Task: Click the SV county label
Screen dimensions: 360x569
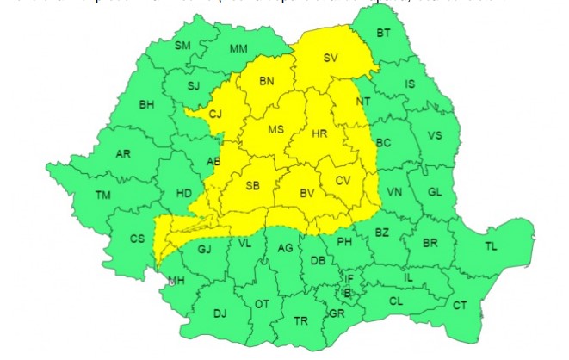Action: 331,59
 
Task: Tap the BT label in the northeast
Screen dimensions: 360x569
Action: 384,34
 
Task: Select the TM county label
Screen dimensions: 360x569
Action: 104,196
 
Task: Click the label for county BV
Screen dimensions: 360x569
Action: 306,195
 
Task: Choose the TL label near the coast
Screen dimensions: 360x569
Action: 491,246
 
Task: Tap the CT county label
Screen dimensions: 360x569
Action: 461,305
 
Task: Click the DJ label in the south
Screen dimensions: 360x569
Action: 220,313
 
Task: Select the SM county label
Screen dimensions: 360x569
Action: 182,45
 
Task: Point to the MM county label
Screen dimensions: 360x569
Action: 238,48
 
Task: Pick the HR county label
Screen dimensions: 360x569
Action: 319,134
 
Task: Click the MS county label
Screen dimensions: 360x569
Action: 275,130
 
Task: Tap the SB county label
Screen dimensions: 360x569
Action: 253,185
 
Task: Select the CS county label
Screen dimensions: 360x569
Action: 137,239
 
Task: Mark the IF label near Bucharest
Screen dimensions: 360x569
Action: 349,278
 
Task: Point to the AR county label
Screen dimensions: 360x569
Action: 123,154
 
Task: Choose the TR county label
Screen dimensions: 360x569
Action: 300,320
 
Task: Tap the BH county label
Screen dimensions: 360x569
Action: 146,105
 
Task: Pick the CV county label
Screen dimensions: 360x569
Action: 343,180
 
